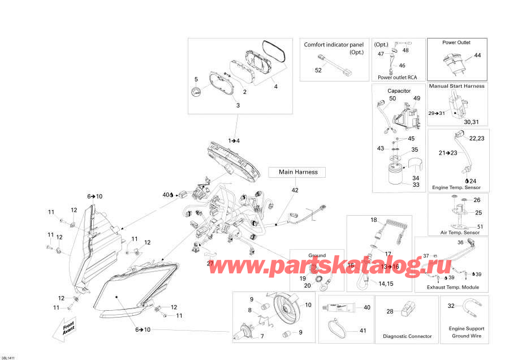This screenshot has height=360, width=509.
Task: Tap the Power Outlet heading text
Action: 456,42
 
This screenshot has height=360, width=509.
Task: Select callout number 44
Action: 477,55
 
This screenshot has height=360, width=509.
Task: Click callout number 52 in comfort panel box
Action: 318,70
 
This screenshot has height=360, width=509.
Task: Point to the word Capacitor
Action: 399,91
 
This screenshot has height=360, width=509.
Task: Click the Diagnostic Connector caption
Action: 407,336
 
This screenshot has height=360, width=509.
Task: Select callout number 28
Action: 390,311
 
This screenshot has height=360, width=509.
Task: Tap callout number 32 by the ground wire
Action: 451,306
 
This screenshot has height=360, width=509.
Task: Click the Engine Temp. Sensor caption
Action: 456,187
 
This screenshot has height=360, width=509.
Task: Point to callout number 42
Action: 295,191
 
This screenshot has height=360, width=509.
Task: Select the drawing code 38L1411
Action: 10,356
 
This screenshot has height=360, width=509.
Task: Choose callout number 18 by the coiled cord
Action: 373,220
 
